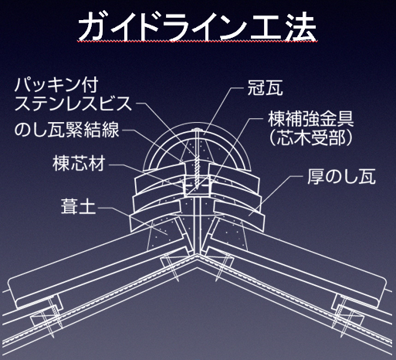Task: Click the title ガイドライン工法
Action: point(198,27)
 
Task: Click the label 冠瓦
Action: point(265,88)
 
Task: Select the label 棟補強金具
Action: point(311,119)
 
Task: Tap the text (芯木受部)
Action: point(310,138)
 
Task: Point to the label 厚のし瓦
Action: point(341,176)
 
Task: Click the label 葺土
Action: point(79,206)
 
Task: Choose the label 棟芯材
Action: point(79,163)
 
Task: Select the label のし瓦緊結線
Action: point(66,130)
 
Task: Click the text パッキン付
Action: point(56,85)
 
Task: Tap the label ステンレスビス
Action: point(73,104)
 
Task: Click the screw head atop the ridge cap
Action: point(198,129)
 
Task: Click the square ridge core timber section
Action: point(198,185)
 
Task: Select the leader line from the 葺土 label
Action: point(133,219)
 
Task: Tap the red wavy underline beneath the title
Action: point(198,41)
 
